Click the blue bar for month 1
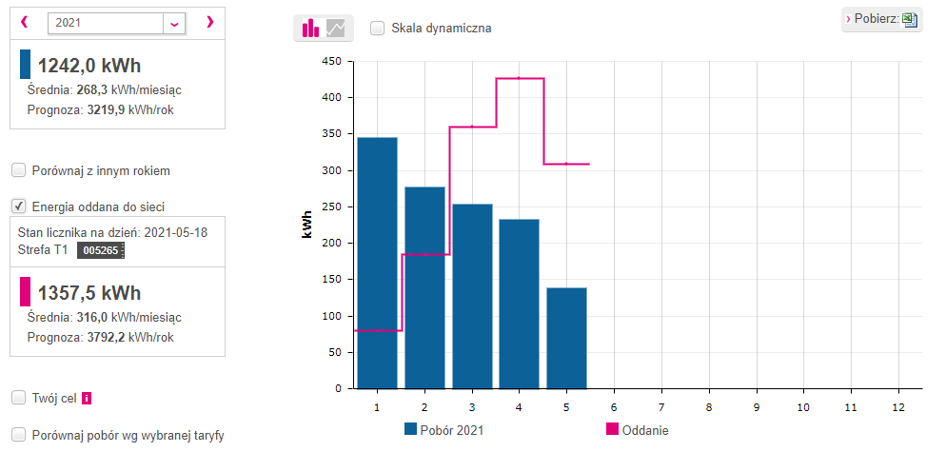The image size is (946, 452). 377,264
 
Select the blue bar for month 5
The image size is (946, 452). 566,338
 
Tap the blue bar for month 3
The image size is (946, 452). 472,296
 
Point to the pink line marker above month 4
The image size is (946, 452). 519,78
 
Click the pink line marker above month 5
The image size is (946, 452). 566,164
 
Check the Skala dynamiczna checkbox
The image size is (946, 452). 377,29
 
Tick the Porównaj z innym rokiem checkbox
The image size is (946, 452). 19,170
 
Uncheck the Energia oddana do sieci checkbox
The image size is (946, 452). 19,207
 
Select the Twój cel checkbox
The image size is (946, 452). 19,399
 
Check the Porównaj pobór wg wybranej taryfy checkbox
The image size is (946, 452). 19,435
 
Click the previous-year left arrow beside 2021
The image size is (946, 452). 24,22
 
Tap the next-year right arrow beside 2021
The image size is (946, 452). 210,22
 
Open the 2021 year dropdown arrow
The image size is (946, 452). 174,24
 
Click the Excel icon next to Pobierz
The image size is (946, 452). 909,20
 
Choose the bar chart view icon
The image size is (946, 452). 310,28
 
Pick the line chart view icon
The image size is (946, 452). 335,28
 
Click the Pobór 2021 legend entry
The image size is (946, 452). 444,430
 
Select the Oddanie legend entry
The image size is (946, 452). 638,430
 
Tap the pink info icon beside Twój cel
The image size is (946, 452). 87,399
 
